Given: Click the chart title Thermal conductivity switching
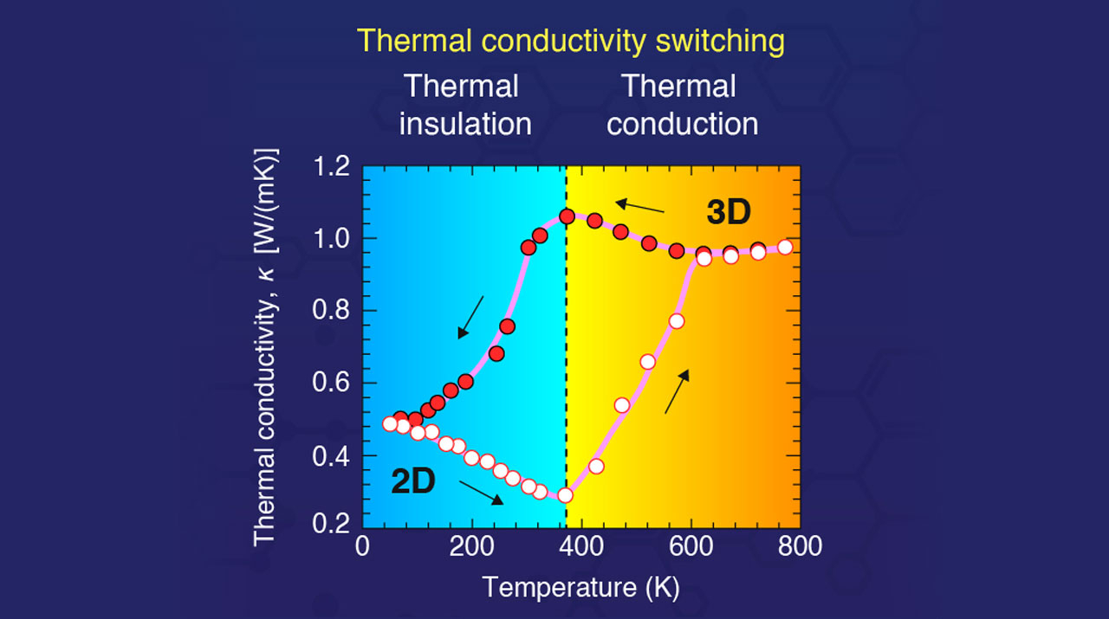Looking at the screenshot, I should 571,41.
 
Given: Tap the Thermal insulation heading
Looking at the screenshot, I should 464,105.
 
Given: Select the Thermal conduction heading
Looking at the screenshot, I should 682,105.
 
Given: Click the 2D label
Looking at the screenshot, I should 413,482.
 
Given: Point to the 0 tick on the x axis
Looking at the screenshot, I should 364,547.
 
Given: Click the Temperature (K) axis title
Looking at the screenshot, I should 580,587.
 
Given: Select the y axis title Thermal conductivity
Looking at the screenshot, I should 265,346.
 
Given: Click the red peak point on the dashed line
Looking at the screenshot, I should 567,216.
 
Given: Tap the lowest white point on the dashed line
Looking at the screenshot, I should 565,495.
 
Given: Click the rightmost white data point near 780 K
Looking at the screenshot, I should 784,247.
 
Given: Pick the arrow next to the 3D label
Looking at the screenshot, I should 640,207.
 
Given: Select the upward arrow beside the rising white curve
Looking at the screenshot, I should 677,391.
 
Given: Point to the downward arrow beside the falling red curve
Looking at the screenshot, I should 471,316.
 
